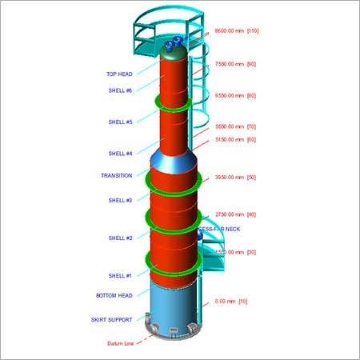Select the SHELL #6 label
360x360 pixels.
coord(120,90)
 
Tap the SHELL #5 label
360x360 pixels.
coord(120,122)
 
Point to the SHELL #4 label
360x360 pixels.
coord(120,154)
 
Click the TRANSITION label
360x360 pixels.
coord(116,175)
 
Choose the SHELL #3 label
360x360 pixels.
coord(120,200)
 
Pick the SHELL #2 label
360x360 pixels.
coord(120,238)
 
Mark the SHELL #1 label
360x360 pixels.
coord(120,276)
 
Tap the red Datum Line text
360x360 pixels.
coord(120,344)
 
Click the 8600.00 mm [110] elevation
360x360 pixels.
coord(240,31)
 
